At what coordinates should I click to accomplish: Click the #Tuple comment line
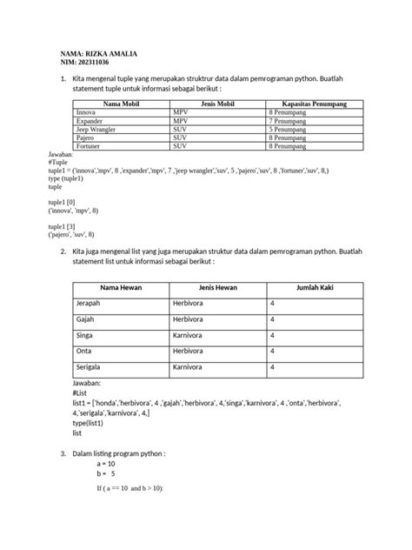59,163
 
